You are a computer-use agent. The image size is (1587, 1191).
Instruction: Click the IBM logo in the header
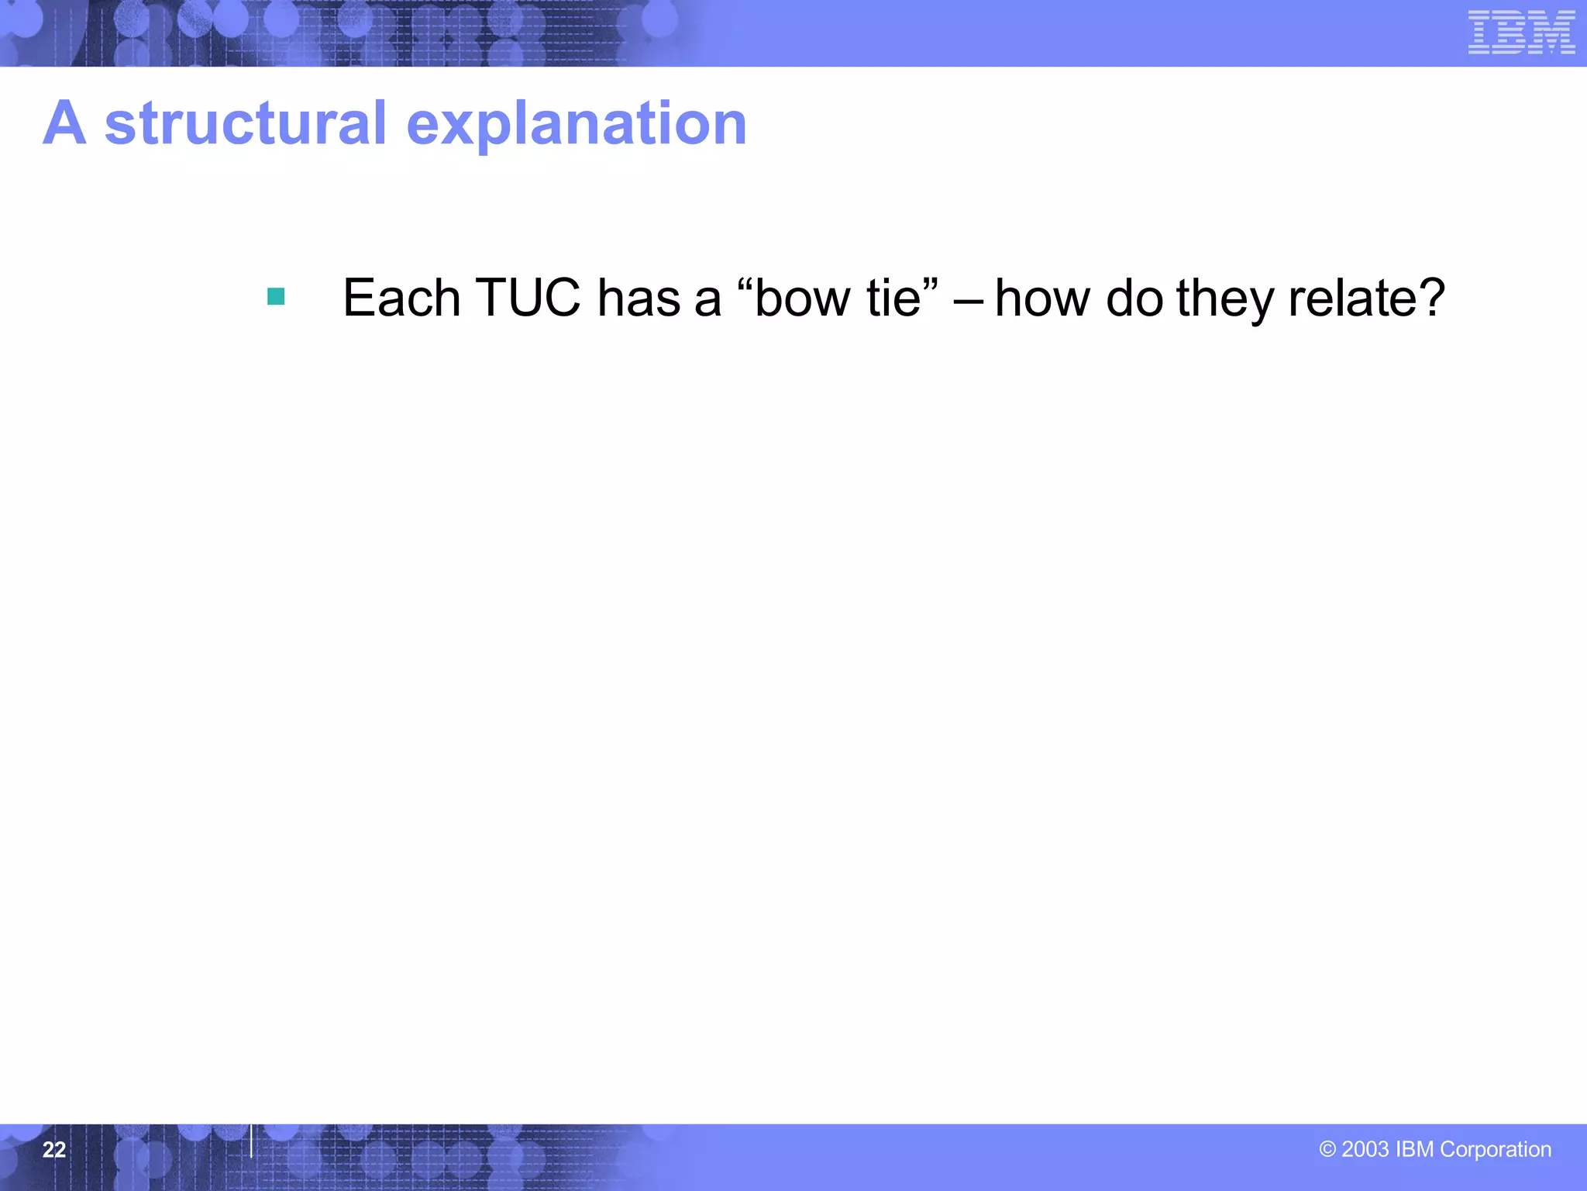pos(1521,33)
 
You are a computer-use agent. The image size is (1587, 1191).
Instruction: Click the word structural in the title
pos(245,123)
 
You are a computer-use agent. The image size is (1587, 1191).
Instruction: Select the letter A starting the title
pos(64,123)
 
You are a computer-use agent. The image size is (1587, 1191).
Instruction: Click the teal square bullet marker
pos(276,296)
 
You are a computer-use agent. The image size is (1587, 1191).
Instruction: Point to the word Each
pos(401,298)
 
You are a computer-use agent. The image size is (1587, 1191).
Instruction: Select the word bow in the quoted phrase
pos(804,298)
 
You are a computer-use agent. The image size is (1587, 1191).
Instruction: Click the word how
pos(1042,298)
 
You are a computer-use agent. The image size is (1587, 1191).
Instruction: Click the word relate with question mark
pos(1365,298)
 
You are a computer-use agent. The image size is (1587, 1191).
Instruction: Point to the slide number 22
pos(53,1149)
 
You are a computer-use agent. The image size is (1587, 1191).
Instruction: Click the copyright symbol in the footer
pos(1327,1149)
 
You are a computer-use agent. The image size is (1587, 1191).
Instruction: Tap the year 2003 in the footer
pos(1365,1149)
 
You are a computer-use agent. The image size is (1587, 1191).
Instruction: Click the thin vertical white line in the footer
pos(251,1141)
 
